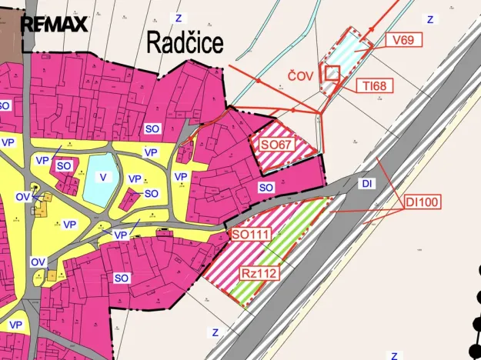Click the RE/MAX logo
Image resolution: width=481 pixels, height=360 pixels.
pyautogui.click(x=54, y=24)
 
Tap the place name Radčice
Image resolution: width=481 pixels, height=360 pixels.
pyautogui.click(x=185, y=43)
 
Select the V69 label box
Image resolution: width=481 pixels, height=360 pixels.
pyautogui.click(x=404, y=39)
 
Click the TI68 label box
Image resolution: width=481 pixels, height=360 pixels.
pyautogui.click(x=374, y=86)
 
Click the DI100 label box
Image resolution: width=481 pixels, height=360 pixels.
pyautogui.click(x=422, y=203)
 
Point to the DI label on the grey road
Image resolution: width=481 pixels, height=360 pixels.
pyautogui.click(x=366, y=184)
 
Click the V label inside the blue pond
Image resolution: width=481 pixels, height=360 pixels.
pyautogui.click(x=102, y=177)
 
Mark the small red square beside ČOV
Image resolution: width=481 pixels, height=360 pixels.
pyautogui.click(x=332, y=72)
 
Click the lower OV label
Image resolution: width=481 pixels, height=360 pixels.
pyautogui.click(x=38, y=262)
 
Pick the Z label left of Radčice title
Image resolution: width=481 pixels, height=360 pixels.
pyautogui.click(x=179, y=17)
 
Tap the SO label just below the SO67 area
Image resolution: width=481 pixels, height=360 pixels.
pyautogui.click(x=266, y=187)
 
